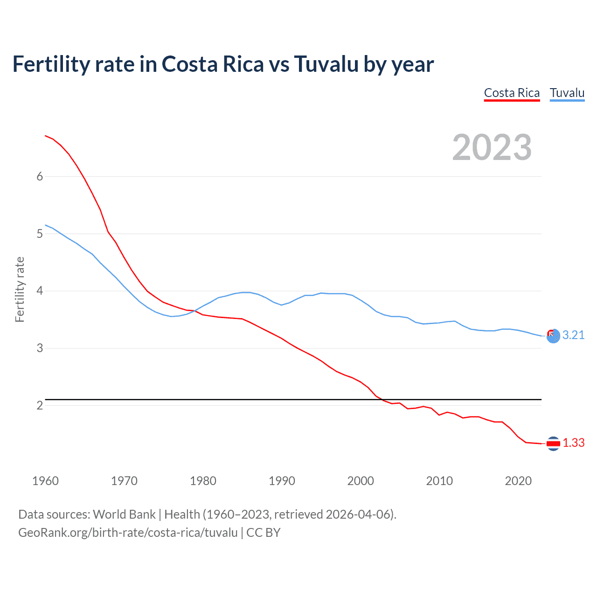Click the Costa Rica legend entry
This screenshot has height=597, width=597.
click(x=512, y=93)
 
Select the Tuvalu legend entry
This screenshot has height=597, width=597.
click(x=567, y=93)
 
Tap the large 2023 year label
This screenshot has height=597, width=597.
click(x=492, y=147)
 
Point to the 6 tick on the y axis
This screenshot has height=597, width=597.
click(x=40, y=176)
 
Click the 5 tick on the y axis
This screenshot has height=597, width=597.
click(x=40, y=234)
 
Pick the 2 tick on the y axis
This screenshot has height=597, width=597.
click(x=40, y=405)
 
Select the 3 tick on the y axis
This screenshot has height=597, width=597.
click(x=40, y=348)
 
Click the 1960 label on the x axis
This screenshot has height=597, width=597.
click(x=45, y=481)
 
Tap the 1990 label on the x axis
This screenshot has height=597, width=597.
click(x=282, y=481)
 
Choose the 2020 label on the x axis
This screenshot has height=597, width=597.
click(x=518, y=481)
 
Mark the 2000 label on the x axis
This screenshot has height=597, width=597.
click(x=361, y=481)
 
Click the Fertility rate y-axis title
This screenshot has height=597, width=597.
click(x=20, y=289)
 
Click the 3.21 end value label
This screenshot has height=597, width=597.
click(x=573, y=335)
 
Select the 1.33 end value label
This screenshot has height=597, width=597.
click(x=573, y=443)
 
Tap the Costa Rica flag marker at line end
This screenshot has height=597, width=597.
click(x=553, y=444)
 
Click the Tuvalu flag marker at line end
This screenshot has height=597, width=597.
click(x=553, y=336)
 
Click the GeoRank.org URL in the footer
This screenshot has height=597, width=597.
click(x=128, y=533)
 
